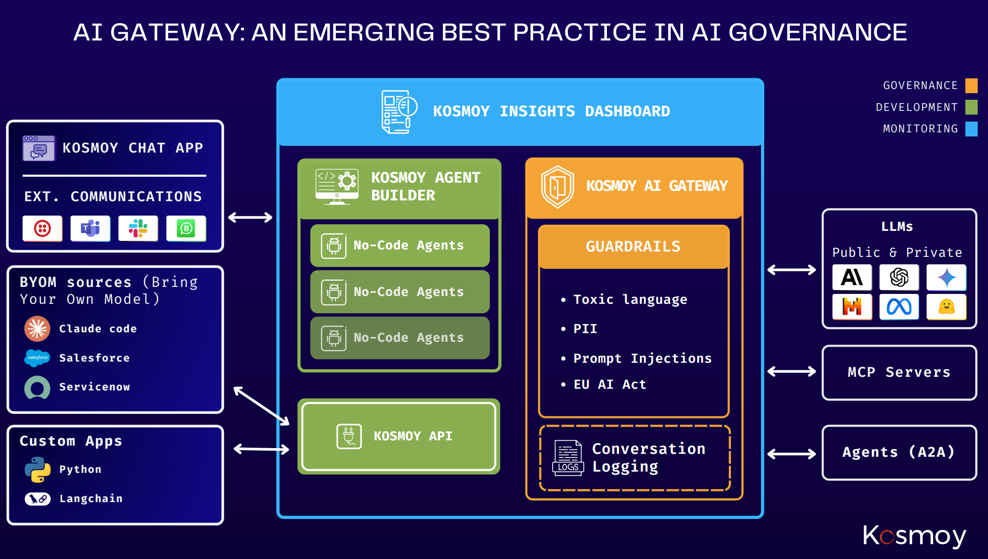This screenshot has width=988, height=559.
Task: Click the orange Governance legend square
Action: pos(971,85)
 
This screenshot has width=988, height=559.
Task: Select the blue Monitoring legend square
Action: pos(971,129)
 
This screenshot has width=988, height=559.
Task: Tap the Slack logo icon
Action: pos(138,228)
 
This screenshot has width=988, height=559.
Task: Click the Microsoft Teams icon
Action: pos(90,228)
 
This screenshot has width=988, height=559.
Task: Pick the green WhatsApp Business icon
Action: pos(186,228)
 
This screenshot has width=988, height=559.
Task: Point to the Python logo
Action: pos(37,469)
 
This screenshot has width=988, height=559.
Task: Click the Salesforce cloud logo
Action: pos(37,357)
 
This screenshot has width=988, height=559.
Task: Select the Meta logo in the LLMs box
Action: pos(899,307)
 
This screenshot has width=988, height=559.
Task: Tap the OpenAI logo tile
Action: pos(899,277)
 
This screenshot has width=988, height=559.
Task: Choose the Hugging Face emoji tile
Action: pos(946,307)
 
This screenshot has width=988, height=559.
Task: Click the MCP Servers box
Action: pos(899,372)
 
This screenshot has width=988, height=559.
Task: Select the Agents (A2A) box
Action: pos(899,452)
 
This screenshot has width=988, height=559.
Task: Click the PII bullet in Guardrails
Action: pos(585,329)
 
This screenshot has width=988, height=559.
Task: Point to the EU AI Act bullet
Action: pos(609,384)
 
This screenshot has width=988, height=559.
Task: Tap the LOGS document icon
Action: pos(568,458)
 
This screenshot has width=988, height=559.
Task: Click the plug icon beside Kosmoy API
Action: pos(349,436)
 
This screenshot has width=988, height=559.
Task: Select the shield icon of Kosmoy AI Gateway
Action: pos(557,187)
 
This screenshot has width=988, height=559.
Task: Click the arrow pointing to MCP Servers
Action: pos(791,371)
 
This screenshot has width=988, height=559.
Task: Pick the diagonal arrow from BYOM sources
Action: pos(261,406)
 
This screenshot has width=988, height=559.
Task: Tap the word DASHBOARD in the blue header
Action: pos(627,111)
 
